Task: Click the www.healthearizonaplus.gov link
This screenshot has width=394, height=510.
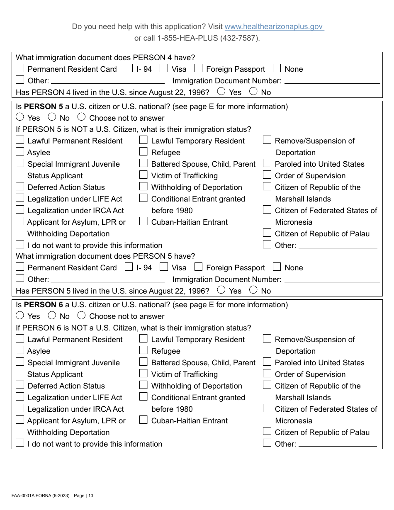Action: [x=274, y=27]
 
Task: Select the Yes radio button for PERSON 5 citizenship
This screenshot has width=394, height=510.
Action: [x=20, y=117]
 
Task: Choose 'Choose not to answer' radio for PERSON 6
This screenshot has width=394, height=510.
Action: [x=82, y=316]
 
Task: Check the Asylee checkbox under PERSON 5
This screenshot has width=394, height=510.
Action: [x=20, y=152]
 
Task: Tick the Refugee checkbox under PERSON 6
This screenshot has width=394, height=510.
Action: [x=143, y=350]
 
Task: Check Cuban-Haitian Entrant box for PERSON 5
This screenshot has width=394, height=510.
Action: [x=143, y=221]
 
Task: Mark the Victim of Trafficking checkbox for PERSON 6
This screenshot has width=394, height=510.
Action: [x=143, y=374]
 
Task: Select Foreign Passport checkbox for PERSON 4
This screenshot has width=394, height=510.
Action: [x=198, y=68]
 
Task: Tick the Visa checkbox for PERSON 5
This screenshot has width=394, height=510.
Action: [x=164, y=267]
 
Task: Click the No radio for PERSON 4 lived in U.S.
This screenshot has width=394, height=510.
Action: [x=253, y=91]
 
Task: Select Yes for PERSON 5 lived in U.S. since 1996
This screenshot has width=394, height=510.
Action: [x=221, y=290]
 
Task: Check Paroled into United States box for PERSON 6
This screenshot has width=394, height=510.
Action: [x=267, y=362]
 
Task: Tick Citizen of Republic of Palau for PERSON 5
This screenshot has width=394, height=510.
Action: [x=267, y=233]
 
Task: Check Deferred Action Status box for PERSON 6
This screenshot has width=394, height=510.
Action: [x=20, y=385]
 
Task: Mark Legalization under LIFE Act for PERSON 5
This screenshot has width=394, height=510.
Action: [x=20, y=198]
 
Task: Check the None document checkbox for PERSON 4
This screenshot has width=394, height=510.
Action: [x=277, y=68]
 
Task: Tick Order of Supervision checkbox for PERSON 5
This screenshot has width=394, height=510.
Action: [x=267, y=175]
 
